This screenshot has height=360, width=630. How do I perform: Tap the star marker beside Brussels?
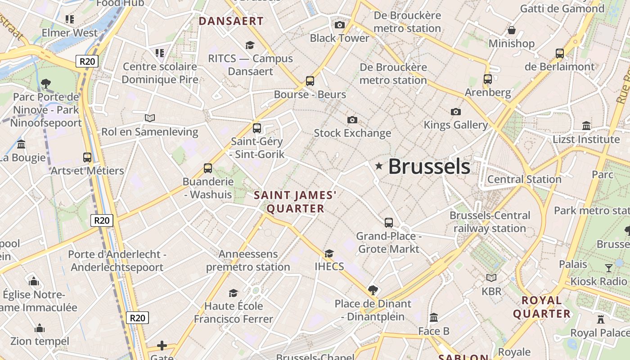[379, 166]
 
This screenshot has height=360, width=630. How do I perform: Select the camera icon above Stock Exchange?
[352, 120]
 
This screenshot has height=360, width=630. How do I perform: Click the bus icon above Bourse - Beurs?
[310, 81]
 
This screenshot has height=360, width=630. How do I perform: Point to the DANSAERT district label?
[231, 21]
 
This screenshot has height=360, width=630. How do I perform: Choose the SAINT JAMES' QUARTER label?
[295, 202]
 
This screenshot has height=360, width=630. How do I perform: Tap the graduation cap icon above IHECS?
[329, 253]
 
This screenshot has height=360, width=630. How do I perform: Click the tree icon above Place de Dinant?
[373, 290]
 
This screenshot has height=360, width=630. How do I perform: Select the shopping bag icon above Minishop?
[511, 31]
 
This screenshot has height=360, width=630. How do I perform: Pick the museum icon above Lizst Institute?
[586, 126]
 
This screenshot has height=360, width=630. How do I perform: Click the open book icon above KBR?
[491, 278]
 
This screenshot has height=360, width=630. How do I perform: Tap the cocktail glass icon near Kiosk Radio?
[609, 268]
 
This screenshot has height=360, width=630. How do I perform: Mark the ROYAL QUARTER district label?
[542, 307]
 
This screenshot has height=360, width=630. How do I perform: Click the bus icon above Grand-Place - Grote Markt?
[389, 223]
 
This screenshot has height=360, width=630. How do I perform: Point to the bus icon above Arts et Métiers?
[87, 157]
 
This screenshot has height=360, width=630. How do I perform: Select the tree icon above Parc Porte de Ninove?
[45, 83]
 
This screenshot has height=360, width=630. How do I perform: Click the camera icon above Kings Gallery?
[456, 112]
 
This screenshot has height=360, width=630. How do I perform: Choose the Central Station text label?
[524, 179]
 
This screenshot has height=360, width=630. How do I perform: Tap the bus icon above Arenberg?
[488, 79]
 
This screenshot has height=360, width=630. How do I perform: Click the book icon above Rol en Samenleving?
[150, 118]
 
